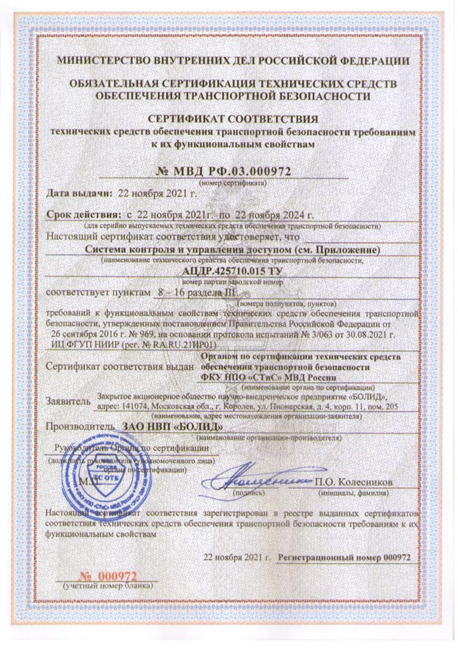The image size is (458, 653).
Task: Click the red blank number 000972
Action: point(112,576)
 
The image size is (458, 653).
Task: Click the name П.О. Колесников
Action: point(353,481)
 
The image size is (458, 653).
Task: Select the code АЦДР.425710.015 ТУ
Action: point(228,271)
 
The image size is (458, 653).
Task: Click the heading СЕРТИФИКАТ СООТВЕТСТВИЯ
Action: point(233,119)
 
